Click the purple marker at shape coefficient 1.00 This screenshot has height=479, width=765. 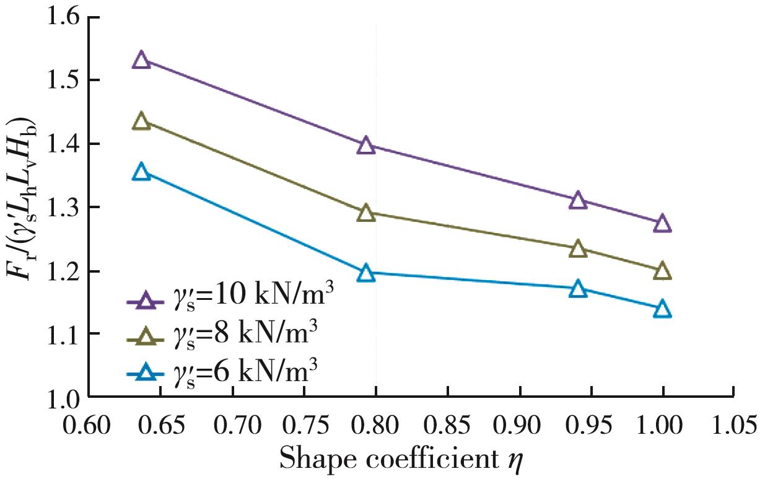click(662, 224)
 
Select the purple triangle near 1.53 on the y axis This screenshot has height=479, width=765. click(142, 60)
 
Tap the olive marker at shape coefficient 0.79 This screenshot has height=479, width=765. click(366, 214)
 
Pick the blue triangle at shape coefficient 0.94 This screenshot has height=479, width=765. click(577, 289)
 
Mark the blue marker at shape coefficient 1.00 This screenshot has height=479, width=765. click(662, 309)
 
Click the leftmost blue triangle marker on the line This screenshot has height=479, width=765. click(142, 172)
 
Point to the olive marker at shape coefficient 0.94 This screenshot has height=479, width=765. click(577, 249)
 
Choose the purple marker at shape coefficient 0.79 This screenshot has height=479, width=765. click(366, 146)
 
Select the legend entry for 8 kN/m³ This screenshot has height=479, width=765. click(223, 336)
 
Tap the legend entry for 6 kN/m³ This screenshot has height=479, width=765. click(223, 373)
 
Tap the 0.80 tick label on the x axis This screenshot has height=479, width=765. click(376, 428)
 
